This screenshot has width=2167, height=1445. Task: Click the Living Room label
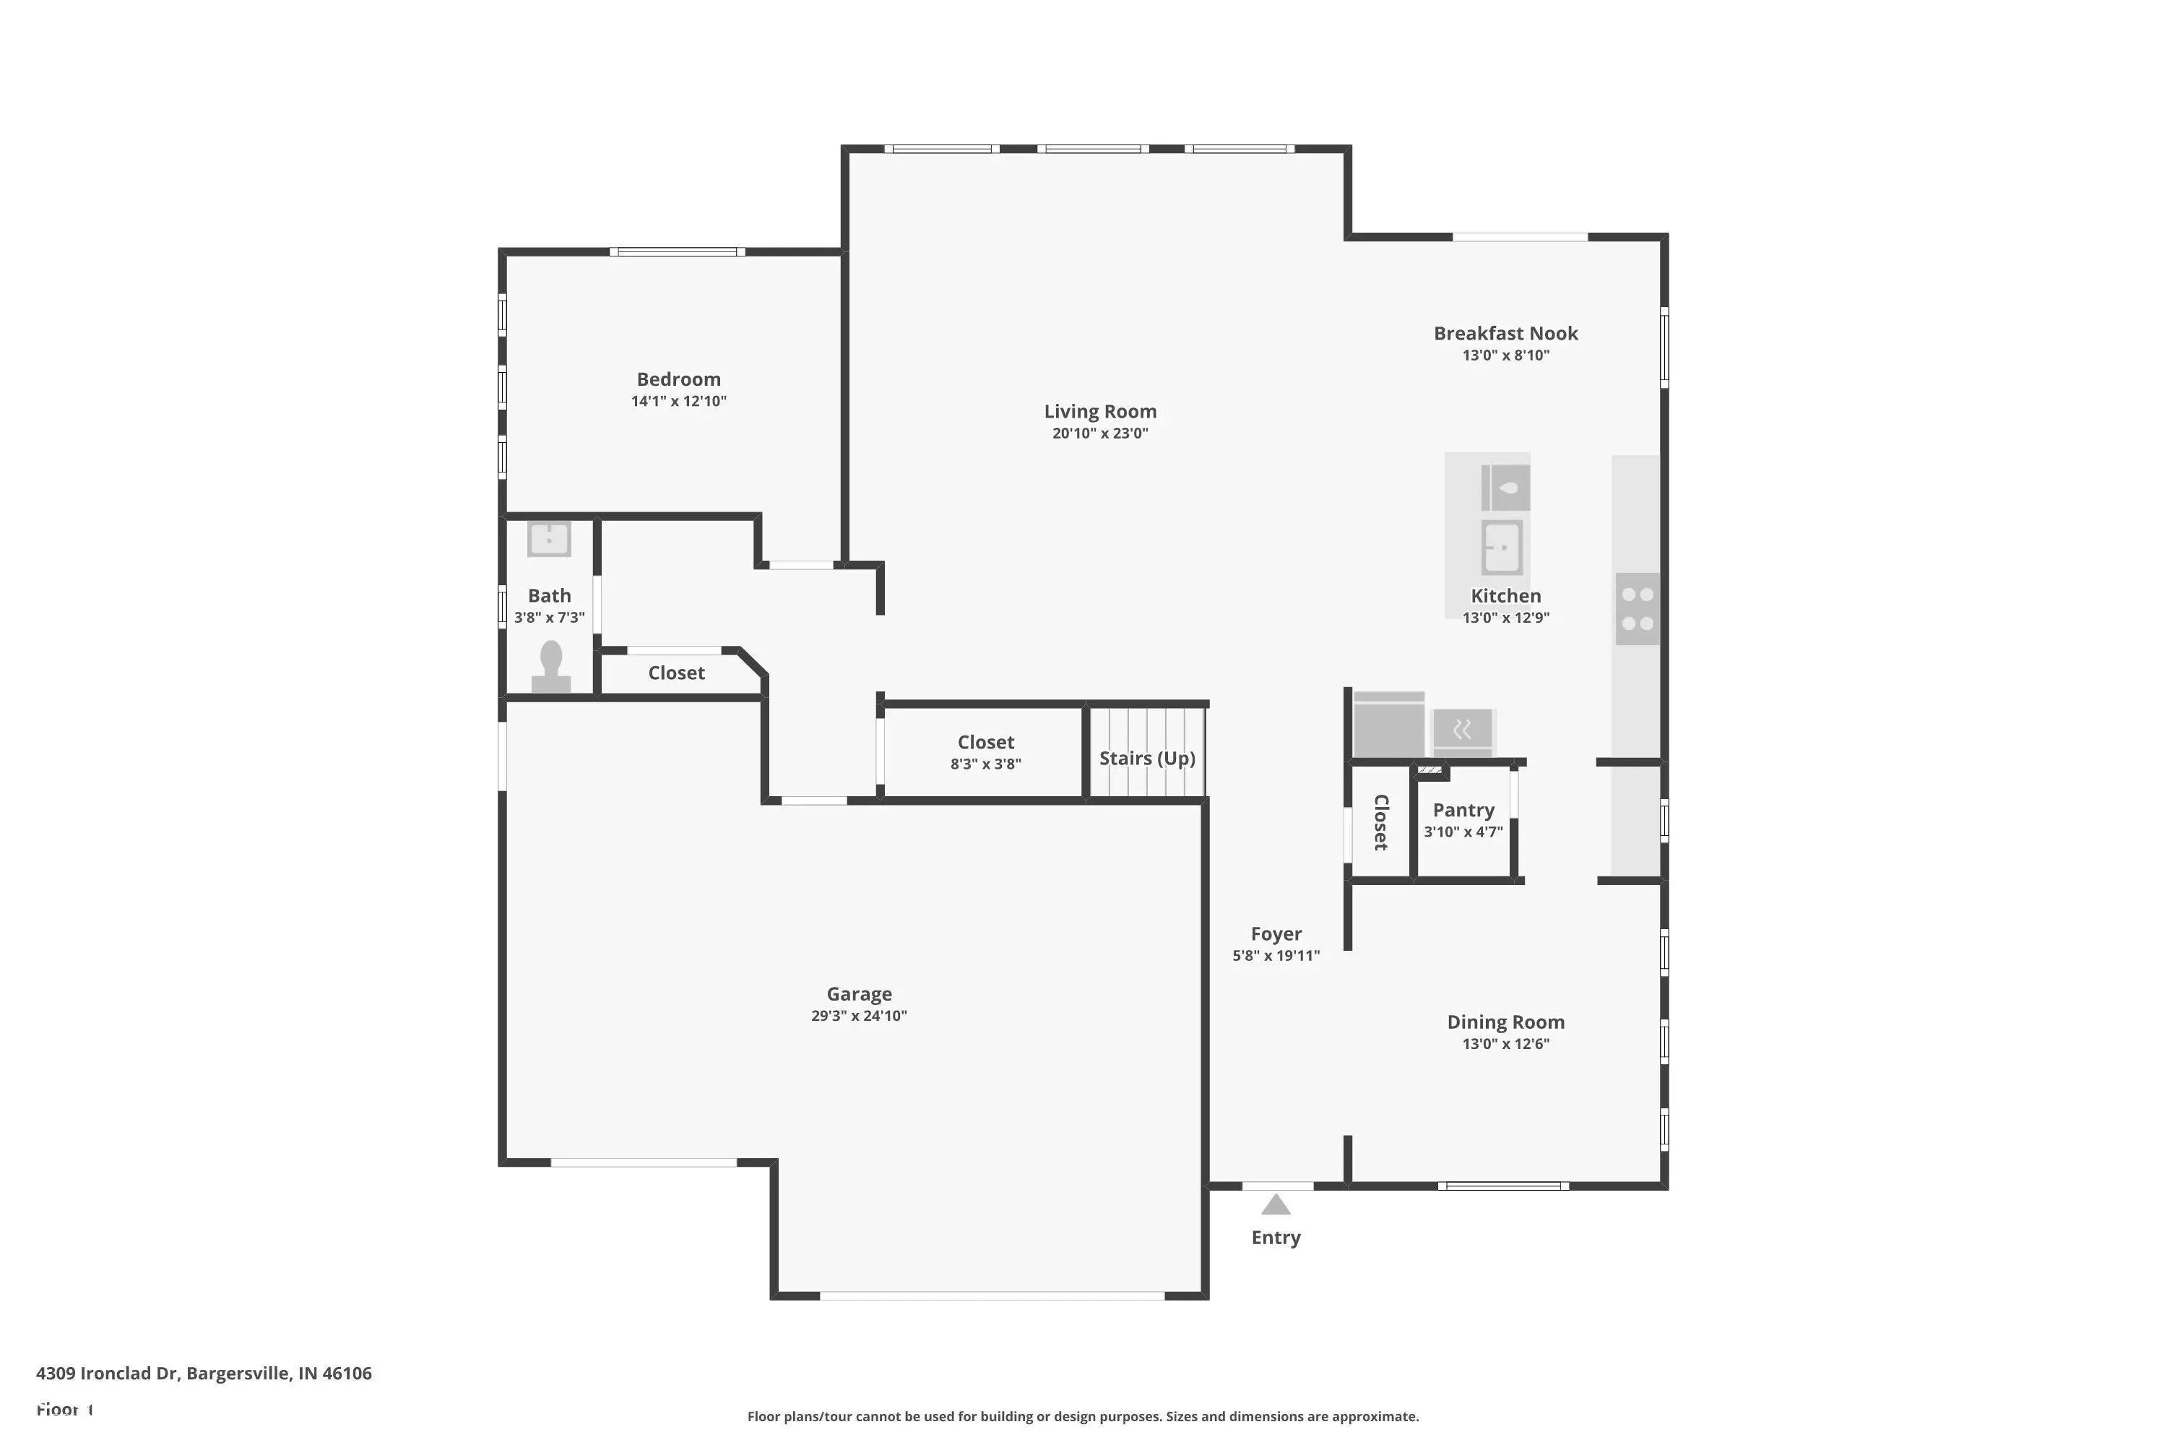click(x=1100, y=411)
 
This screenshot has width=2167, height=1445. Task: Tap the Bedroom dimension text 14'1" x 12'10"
click(x=678, y=401)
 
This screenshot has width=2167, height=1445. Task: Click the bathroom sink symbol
click(x=549, y=538)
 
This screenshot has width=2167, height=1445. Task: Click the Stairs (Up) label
click(x=1147, y=757)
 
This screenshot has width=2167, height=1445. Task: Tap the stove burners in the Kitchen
click(x=1638, y=609)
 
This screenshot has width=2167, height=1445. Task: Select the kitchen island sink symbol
click(x=1502, y=546)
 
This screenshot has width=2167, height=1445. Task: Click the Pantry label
click(x=1463, y=809)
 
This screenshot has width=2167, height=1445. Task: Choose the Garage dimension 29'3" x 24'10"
click(x=859, y=1016)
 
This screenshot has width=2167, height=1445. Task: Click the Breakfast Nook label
click(x=1505, y=332)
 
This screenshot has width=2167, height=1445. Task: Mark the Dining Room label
click(x=1505, y=1021)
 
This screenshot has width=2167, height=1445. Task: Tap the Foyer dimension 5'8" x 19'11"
click(x=1276, y=956)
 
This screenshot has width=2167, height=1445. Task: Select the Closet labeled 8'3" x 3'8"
click(x=986, y=742)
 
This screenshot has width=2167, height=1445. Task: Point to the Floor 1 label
click(x=64, y=1409)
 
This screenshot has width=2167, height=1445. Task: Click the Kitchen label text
click(x=1505, y=595)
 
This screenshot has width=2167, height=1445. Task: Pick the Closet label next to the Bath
click(x=676, y=673)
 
